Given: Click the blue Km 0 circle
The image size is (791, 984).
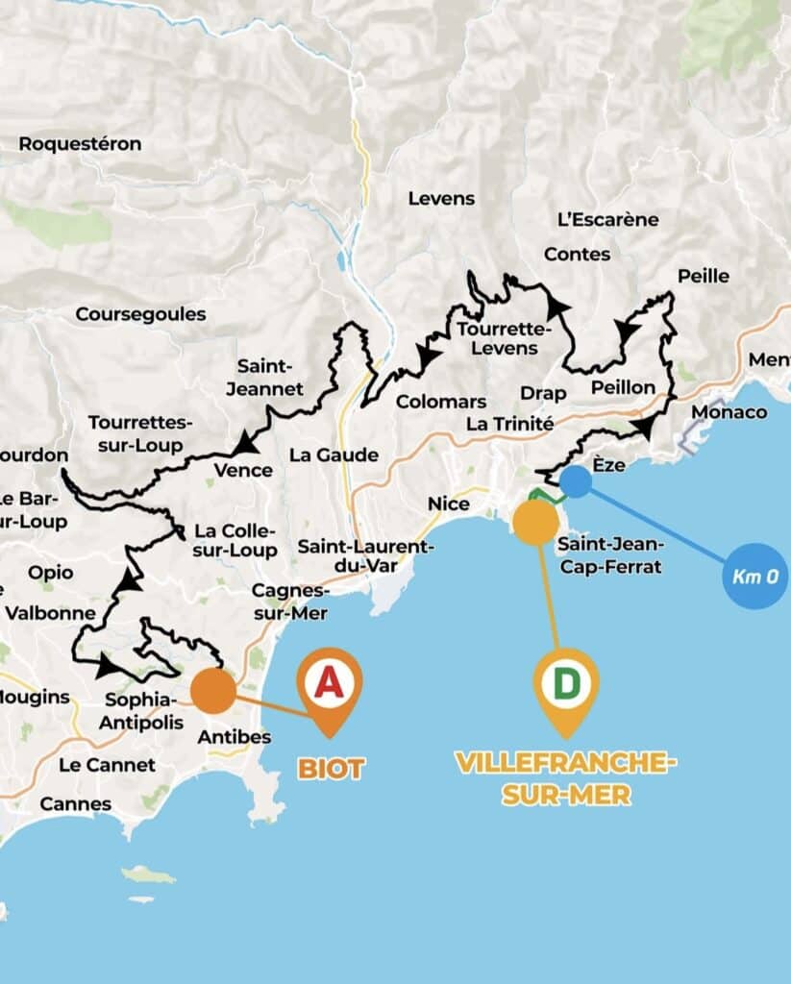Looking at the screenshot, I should (x=754, y=577).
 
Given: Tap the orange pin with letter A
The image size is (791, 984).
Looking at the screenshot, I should (x=329, y=684).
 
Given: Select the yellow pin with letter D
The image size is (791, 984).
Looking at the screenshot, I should (x=566, y=684).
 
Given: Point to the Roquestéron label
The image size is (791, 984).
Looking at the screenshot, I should (x=80, y=144).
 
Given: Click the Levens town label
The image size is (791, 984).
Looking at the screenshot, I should (x=441, y=199).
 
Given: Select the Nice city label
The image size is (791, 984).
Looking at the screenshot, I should (x=449, y=504).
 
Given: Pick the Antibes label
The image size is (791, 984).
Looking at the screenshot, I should (x=234, y=737).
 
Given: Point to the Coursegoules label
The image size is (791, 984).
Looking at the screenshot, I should (x=140, y=314).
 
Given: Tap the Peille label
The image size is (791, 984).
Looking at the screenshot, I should (x=703, y=276).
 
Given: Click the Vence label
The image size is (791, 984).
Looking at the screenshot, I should (x=243, y=471).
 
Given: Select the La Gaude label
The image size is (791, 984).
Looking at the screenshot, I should (x=334, y=455).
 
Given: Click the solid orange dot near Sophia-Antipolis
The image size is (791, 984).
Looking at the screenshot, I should (x=213, y=691).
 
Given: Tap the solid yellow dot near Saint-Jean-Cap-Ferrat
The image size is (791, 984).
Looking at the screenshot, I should (x=535, y=522).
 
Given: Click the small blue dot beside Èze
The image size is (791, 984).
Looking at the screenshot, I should (x=575, y=481).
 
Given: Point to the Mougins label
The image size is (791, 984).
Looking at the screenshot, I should (x=37, y=697).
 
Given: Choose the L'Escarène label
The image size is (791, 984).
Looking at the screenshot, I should (x=607, y=219).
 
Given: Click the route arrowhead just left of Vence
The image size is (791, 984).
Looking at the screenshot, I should (x=246, y=443).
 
